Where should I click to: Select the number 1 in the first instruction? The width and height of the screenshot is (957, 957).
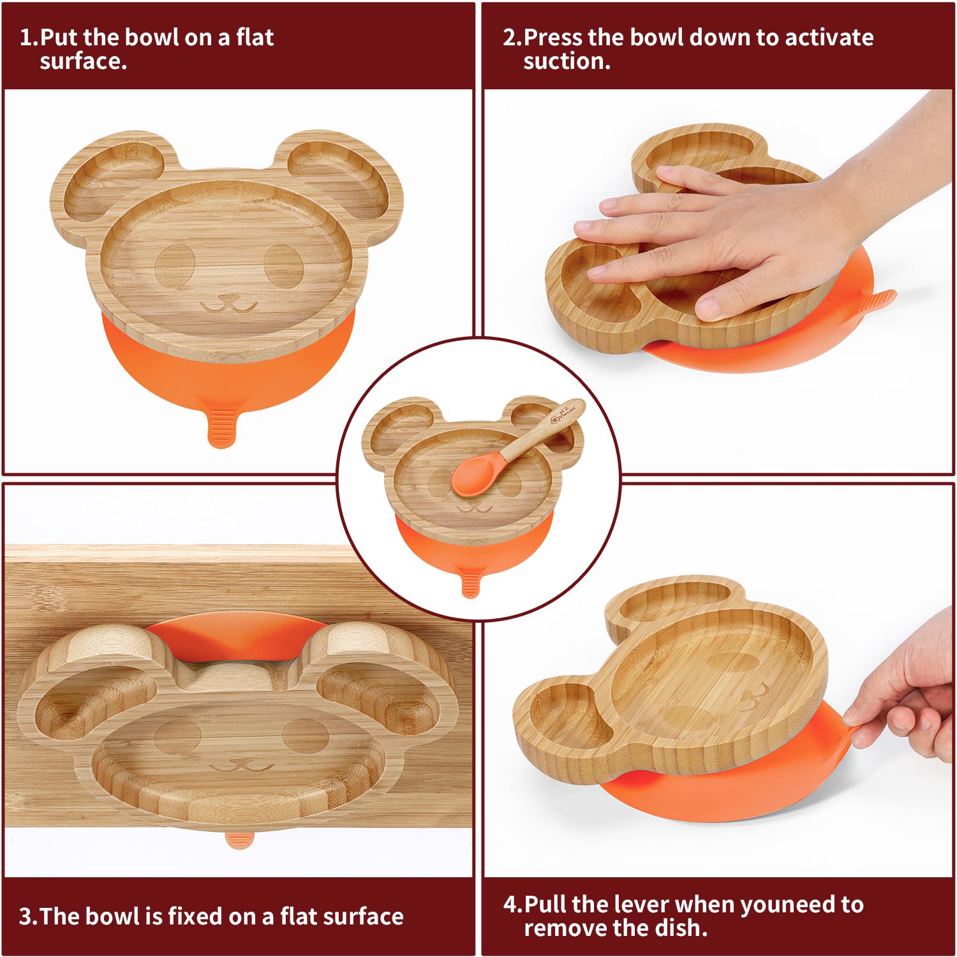26,37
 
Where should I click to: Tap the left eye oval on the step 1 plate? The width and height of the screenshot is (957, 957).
175,267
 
